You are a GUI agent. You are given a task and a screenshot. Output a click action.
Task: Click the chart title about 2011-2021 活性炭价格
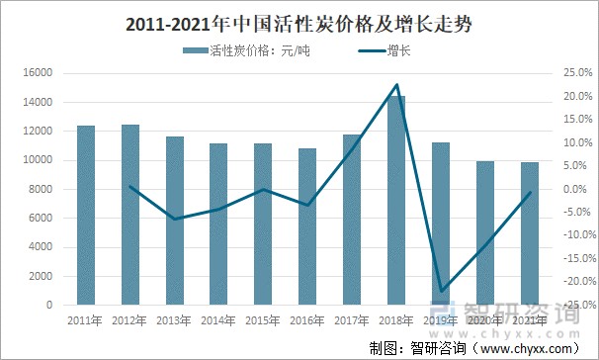click(x=299, y=23)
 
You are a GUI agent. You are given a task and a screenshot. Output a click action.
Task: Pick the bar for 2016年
click(x=307, y=226)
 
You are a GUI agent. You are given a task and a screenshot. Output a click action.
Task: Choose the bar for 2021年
click(x=529, y=233)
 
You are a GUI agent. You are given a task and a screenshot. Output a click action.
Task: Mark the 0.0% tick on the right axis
click(x=575, y=189)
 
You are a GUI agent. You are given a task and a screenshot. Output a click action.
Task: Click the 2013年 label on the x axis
click(x=174, y=320)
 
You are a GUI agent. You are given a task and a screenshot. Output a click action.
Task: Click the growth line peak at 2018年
click(x=395, y=85)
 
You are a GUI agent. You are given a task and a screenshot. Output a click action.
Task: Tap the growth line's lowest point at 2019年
click(x=441, y=292)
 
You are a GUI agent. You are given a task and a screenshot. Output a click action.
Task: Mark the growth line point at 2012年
click(x=130, y=186)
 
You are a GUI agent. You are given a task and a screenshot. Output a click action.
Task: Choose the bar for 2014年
click(x=218, y=224)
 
